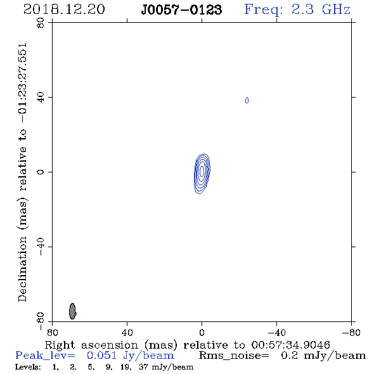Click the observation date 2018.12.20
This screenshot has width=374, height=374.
point(64,10)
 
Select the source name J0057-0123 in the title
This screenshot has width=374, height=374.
point(181,10)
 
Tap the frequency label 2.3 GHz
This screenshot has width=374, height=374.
point(321,10)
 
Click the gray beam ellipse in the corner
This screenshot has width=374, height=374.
point(72,311)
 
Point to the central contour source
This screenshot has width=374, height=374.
point(202,174)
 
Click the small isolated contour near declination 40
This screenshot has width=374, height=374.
point(247,100)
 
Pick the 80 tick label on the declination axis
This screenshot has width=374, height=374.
point(41,23)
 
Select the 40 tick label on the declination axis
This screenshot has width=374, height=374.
point(41,98)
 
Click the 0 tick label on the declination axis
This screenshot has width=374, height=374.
point(41,172)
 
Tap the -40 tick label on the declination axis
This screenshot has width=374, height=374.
point(41,247)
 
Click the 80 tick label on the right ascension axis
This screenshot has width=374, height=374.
point(52,332)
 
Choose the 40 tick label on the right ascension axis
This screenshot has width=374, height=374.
point(127,332)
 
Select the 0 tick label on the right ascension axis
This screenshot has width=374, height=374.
point(202,332)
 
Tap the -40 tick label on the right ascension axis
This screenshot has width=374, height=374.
point(276,332)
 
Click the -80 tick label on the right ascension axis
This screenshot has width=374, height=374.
point(351,332)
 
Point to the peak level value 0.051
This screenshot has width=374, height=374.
point(102,356)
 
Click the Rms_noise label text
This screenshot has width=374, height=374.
point(234,356)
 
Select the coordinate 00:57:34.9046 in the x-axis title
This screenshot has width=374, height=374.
point(290,345)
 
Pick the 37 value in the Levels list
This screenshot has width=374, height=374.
point(143,367)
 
